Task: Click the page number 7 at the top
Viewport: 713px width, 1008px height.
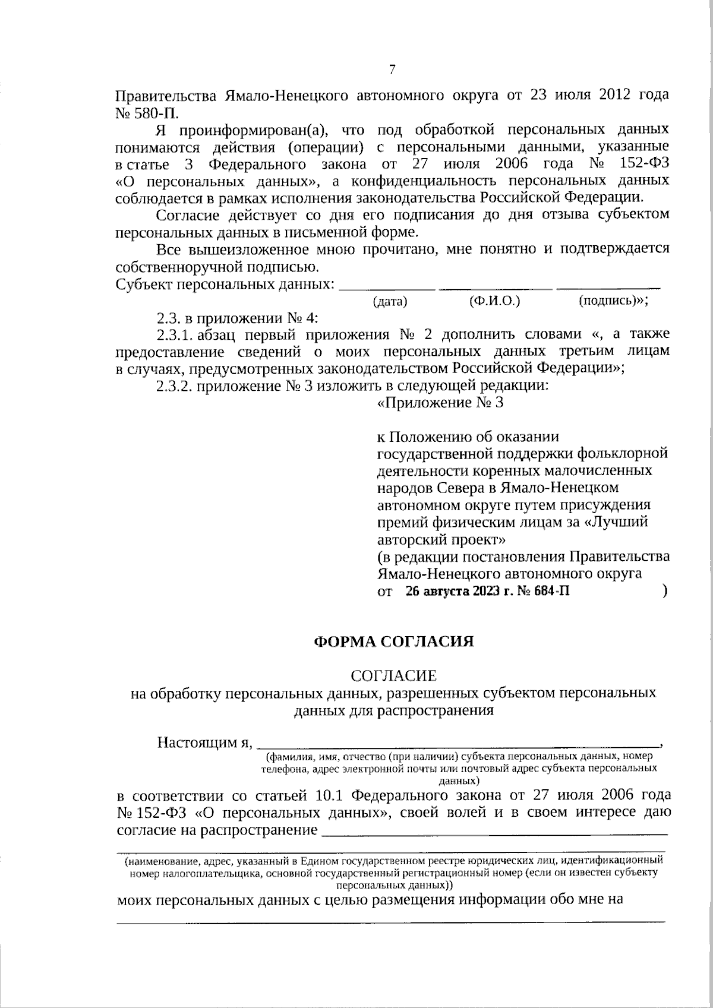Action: (x=392, y=69)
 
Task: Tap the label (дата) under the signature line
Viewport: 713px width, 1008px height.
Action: (x=390, y=302)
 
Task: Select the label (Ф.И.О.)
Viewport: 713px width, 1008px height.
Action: (x=494, y=301)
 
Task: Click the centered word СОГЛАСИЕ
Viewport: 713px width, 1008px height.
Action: (x=394, y=676)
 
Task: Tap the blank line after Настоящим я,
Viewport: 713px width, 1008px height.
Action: (x=460, y=744)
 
